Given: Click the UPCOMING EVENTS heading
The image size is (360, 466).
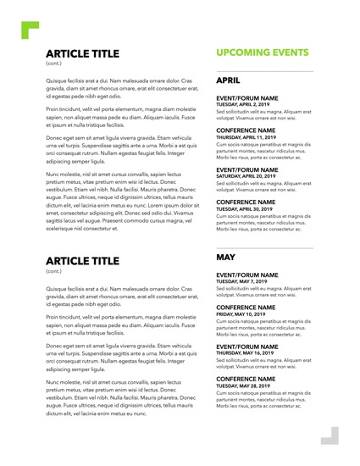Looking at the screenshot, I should pyautogui.click(x=262, y=53).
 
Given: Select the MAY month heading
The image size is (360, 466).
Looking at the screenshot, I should pyautogui.click(x=226, y=255).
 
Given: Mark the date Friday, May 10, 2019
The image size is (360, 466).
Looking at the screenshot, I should pyautogui.click(x=241, y=314).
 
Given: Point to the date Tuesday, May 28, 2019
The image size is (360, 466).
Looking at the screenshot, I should pyautogui.click(x=244, y=386).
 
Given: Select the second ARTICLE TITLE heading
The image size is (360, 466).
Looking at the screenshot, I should pyautogui.click(x=83, y=261).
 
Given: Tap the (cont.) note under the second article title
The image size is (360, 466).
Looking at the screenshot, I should pyautogui.click(x=53, y=271).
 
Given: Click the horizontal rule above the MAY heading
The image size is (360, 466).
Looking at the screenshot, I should pyautogui.click(x=264, y=247).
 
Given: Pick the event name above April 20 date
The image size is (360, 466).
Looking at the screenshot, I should pyautogui.click(x=247, y=169).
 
